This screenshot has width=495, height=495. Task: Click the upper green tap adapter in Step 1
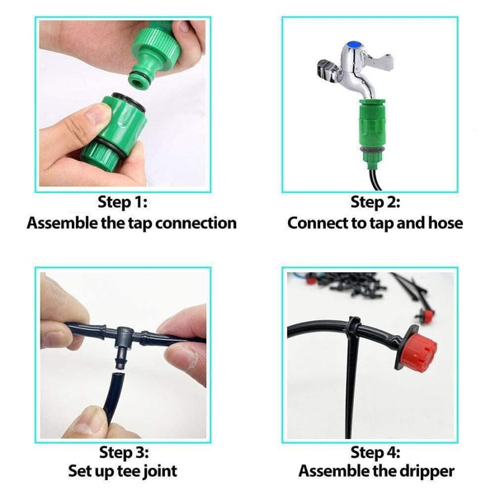157,54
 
